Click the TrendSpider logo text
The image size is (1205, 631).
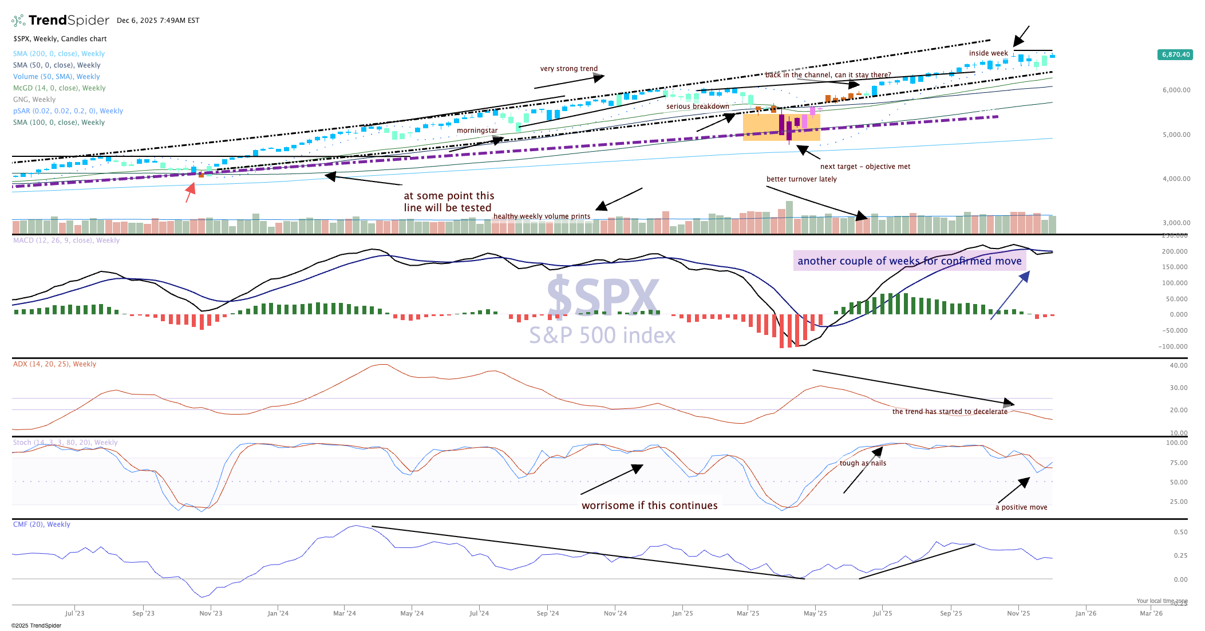click(68, 21)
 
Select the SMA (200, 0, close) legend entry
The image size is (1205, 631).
click(59, 54)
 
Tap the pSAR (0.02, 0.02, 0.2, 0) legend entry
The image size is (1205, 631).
click(68, 111)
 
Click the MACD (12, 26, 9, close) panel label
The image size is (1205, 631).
click(66, 240)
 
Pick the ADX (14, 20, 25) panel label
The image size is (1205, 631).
click(54, 364)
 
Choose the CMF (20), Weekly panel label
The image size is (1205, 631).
click(42, 524)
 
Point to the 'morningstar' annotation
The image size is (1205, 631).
click(477, 131)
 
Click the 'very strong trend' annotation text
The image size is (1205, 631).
click(568, 69)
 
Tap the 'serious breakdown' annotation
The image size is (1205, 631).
click(697, 107)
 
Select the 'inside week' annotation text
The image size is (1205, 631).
click(988, 53)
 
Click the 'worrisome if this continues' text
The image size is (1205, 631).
click(649, 506)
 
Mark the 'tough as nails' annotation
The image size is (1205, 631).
click(863, 463)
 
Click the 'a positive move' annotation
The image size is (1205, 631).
click(1021, 507)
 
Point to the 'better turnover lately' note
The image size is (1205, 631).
click(801, 179)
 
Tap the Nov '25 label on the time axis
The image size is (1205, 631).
click(1018, 613)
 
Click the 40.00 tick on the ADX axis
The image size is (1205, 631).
click(1178, 365)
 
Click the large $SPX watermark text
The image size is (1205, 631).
click(602, 297)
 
